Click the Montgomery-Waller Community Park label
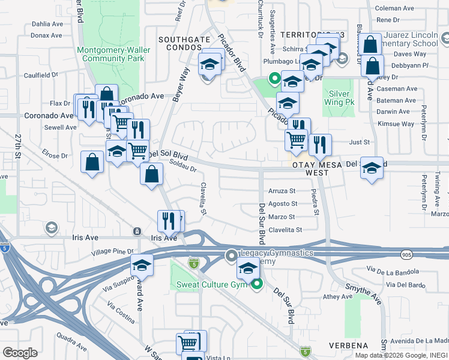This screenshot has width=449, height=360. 110,54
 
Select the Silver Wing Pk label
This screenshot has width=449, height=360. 339,98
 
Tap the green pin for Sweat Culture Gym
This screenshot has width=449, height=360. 257,284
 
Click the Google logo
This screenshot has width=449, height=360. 20,353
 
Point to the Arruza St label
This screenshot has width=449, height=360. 282,191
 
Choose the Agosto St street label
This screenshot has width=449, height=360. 282,204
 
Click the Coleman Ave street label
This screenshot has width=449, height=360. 394,8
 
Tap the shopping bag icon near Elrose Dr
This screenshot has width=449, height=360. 92,162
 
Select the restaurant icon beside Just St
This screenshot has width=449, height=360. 320,144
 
